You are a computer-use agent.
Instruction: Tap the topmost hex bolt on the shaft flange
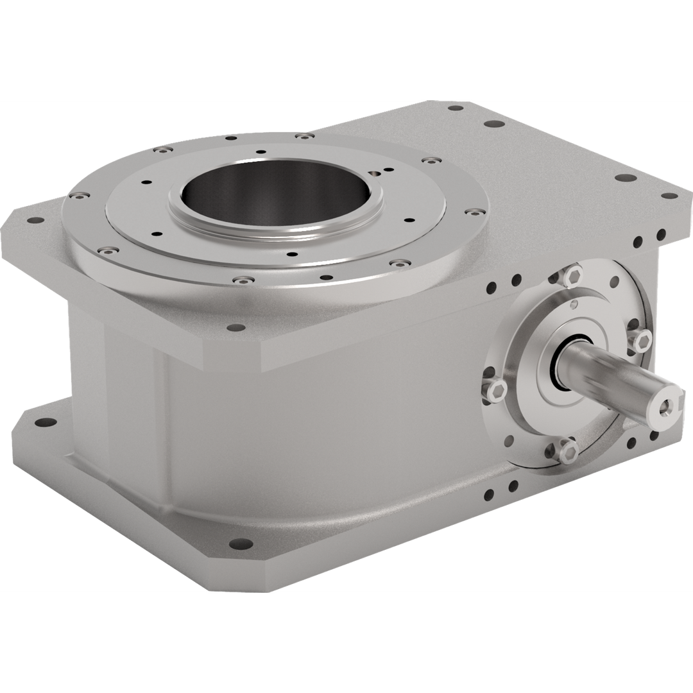(573, 276)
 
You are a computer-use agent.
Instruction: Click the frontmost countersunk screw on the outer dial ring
(243, 280)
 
